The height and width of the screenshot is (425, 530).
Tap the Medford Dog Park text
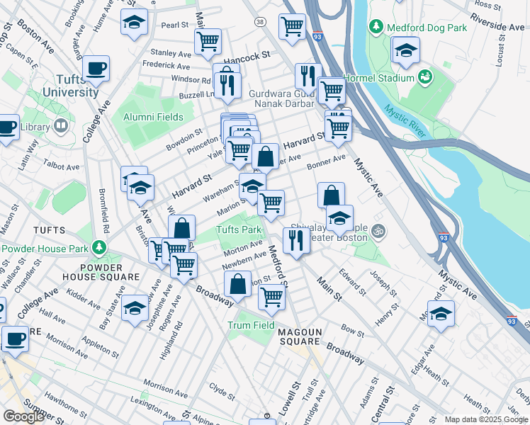427,27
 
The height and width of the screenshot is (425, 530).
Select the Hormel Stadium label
378,77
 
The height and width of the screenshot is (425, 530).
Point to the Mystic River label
405,120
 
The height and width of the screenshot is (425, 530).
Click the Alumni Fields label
153,117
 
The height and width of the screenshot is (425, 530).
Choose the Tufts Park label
239,229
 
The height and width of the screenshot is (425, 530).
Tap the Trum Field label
251,325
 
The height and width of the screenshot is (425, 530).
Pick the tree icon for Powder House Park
99,248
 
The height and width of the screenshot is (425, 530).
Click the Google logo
23,416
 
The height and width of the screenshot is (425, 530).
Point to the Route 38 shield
261,23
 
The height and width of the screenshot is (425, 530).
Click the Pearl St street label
174,25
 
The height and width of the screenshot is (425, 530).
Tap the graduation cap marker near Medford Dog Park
405,51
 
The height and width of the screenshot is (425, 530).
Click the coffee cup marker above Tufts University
96,69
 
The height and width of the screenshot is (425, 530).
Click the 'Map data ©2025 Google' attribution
487,419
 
